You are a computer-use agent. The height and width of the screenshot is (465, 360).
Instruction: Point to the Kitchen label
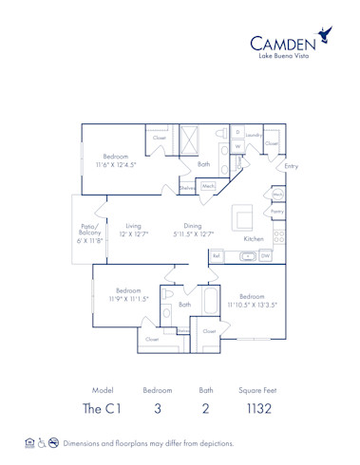pos(254,240)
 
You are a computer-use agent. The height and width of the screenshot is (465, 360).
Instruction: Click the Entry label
pos(292,167)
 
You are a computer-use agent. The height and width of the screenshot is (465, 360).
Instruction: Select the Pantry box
pos(278,211)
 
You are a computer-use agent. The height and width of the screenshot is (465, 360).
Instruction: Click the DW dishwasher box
pos(265,256)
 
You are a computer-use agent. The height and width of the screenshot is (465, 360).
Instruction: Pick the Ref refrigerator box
pos(218,256)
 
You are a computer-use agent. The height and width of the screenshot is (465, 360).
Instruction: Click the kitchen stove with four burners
pos(278,237)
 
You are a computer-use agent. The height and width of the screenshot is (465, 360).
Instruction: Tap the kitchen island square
pos(245,221)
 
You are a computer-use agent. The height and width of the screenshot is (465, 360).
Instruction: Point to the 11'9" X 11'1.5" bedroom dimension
pos(128,298)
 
